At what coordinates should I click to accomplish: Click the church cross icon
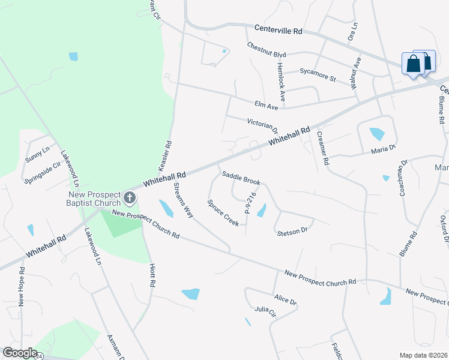click(x=128, y=197)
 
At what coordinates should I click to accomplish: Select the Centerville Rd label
click(x=278, y=29)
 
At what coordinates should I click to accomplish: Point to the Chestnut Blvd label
click(x=267, y=50)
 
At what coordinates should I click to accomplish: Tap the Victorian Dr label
click(x=263, y=125)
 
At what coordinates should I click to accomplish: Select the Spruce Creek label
click(x=223, y=212)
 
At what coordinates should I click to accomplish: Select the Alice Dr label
click(x=285, y=299)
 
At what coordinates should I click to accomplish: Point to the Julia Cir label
click(x=265, y=311)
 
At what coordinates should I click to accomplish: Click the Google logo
click(x=20, y=353)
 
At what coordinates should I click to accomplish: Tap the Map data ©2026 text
click(x=423, y=355)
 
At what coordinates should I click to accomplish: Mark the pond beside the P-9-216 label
click(x=261, y=210)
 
